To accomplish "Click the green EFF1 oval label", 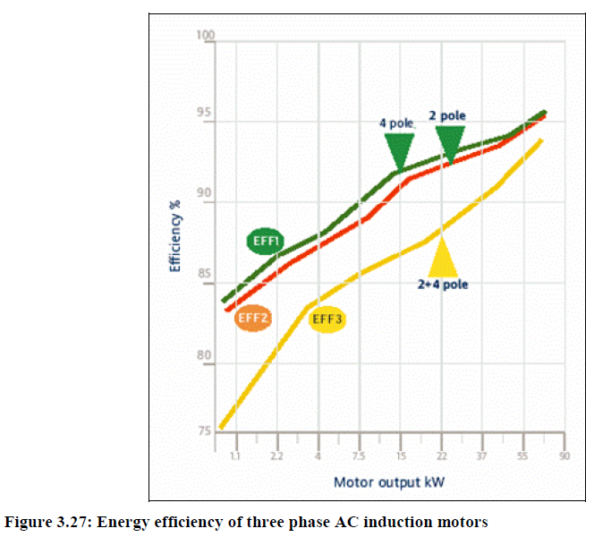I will click(266, 241).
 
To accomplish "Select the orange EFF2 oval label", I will click(253, 318).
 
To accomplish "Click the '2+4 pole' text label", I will click(443, 285).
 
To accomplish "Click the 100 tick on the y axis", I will click(207, 37).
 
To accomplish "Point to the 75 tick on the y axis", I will click(205, 431).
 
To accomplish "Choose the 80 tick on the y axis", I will click(205, 356).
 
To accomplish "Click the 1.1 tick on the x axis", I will click(235, 456).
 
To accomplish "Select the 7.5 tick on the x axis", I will click(359, 456).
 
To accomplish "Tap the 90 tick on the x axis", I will click(564, 456).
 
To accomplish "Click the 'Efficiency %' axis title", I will click(176, 235).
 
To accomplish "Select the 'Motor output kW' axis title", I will click(389, 482).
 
